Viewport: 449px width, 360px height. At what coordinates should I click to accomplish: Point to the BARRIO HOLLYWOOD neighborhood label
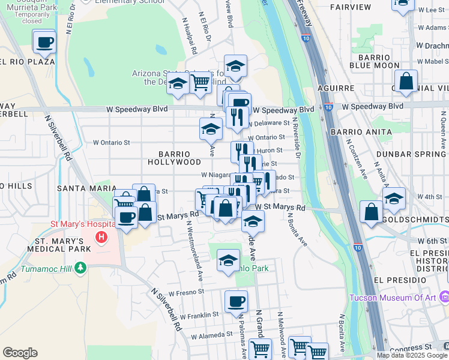[179, 157]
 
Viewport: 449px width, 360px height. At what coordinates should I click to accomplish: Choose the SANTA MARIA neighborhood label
[82, 188]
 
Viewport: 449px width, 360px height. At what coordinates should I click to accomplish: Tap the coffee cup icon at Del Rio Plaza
[45, 43]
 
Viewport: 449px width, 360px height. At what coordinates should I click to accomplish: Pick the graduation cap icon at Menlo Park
[228, 262]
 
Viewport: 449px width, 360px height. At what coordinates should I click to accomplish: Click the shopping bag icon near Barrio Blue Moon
[406, 82]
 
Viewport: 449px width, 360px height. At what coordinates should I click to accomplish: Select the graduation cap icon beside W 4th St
[394, 200]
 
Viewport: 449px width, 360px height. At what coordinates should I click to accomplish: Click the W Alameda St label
[210, 334]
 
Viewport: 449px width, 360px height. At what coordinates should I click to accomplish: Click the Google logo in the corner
[20, 353]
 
